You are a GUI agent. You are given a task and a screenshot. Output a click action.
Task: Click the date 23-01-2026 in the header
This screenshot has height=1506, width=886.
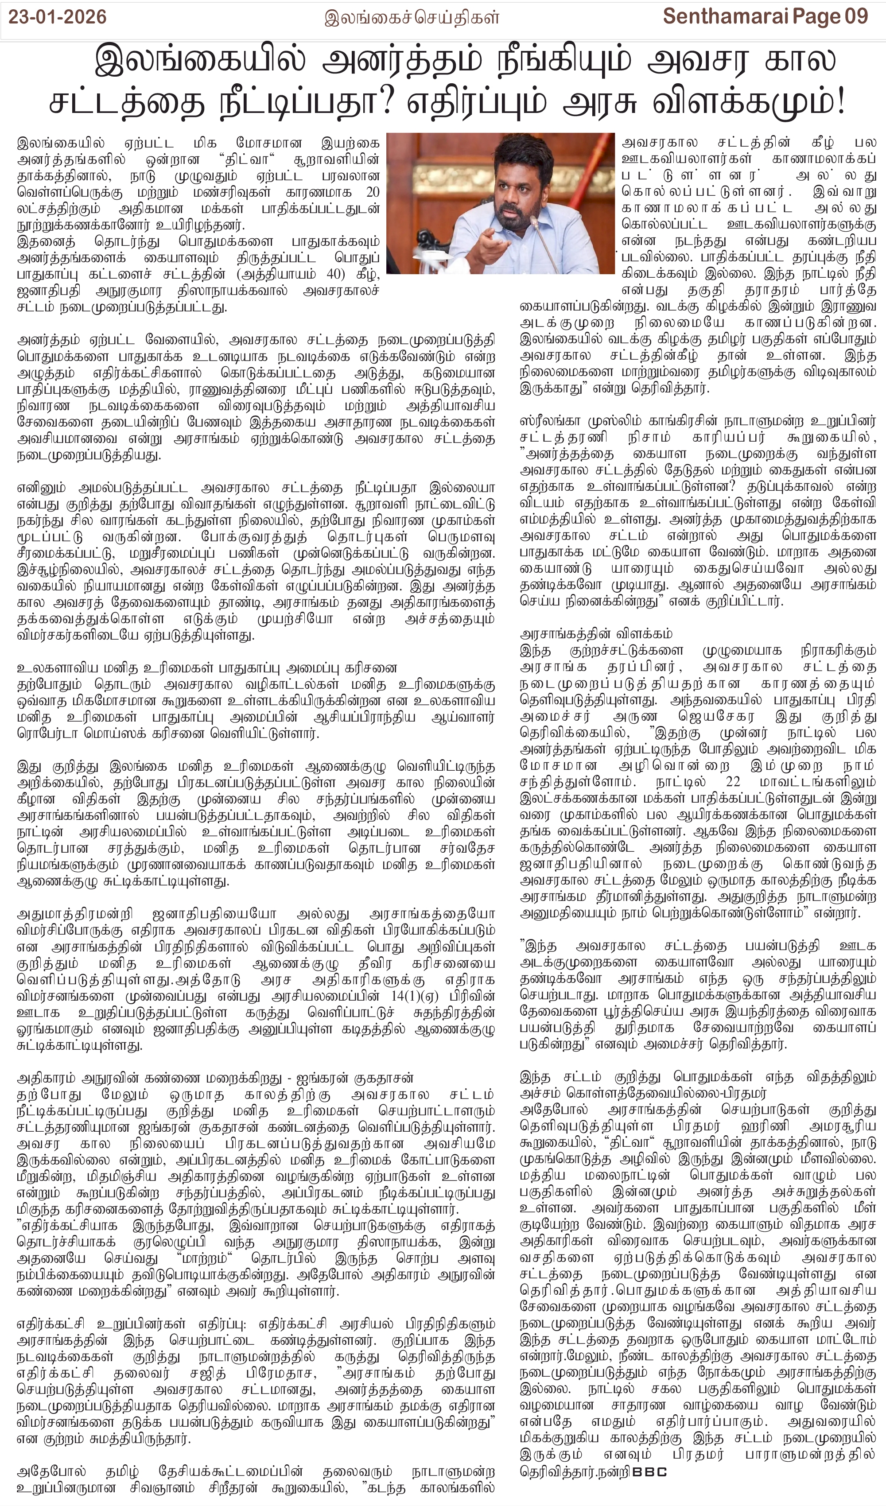click(x=58, y=17)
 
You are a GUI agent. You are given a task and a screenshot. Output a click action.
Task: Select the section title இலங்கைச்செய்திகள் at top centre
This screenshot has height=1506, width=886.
click(x=411, y=18)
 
